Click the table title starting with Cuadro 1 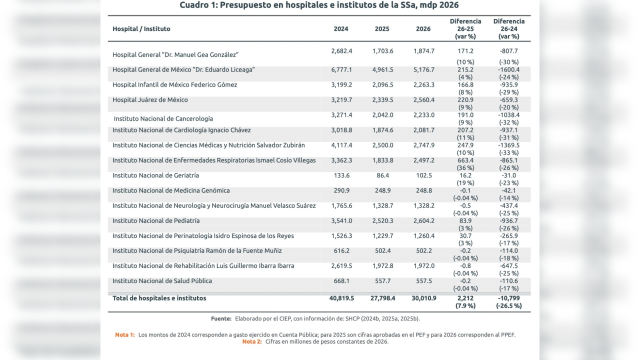tap(319, 5)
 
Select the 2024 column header tap(341, 29)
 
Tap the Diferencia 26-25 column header tap(465, 29)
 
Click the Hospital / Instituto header tap(141, 29)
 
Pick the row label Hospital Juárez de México tap(150, 100)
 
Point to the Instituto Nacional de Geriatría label tap(155, 175)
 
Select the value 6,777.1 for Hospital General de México tap(341, 70)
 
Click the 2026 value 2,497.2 tap(424, 160)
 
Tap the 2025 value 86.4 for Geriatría tap(382, 175)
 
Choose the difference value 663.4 tap(465, 160)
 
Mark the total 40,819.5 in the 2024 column tap(341, 298)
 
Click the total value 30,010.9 tap(424, 298)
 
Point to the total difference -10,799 tap(509, 298)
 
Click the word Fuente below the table tap(221, 319)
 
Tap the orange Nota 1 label tap(125, 335)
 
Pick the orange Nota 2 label tap(252, 342)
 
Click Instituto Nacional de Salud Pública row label tap(162, 281)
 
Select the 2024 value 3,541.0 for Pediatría tap(341, 221)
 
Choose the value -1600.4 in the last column tap(509, 70)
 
